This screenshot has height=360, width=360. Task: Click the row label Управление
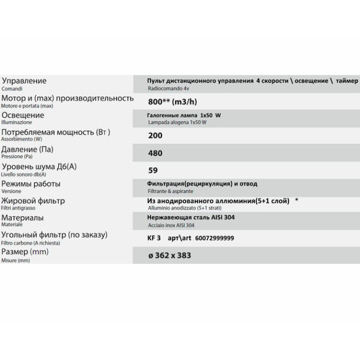(x=24, y=81)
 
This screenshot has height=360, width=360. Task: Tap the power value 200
(x=155, y=136)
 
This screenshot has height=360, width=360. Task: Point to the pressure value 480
(x=155, y=153)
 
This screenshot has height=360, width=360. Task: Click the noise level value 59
(x=152, y=170)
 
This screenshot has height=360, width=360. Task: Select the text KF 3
(x=154, y=239)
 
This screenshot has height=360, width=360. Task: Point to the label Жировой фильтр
(x=33, y=201)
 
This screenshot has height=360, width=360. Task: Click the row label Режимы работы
(x=31, y=184)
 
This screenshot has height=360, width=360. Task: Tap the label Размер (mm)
(x=25, y=252)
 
